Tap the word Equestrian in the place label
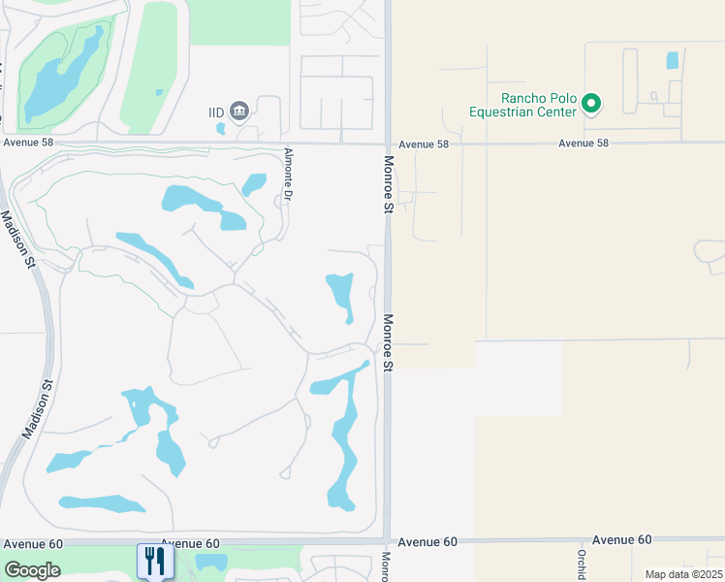tap(523, 112)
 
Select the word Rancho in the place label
tap(523, 98)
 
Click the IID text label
tap(216, 113)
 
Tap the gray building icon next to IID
tap(239, 112)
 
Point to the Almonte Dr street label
tap(288, 175)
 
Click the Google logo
tap(32, 569)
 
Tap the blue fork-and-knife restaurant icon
tap(155, 562)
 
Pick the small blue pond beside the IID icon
tap(221, 127)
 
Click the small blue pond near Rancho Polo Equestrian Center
tap(673, 59)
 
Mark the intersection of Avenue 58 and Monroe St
tap(387, 143)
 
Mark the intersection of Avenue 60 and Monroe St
tap(387, 540)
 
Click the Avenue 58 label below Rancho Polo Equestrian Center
tap(583, 144)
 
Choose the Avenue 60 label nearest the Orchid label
tap(621, 539)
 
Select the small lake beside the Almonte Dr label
tap(254, 183)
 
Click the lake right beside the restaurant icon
tap(210, 562)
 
